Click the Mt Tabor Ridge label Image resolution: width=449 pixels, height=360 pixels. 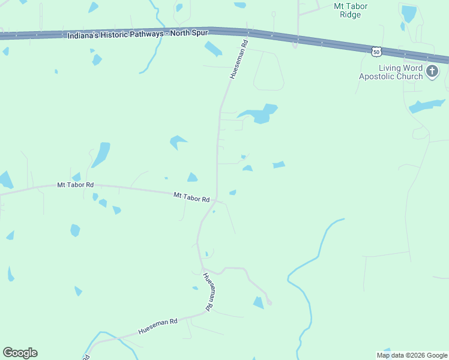point(350,10)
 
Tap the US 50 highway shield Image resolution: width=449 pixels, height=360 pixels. point(375,52)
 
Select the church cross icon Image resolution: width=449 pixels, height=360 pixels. point(432,73)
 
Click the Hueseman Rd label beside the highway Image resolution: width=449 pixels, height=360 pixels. point(238,60)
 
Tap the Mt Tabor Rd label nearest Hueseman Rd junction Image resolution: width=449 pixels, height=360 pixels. point(191,197)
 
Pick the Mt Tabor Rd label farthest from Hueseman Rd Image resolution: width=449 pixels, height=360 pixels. point(75,185)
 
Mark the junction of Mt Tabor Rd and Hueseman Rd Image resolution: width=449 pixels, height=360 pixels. point(216,200)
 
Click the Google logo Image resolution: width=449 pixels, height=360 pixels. point(20,353)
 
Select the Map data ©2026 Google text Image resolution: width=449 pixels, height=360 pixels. point(412,355)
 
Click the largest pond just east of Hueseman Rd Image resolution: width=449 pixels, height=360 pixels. point(259,113)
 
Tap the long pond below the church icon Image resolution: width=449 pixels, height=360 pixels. point(427,106)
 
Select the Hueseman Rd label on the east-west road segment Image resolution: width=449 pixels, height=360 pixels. point(158,326)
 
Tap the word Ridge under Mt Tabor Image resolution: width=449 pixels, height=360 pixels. point(350,14)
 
